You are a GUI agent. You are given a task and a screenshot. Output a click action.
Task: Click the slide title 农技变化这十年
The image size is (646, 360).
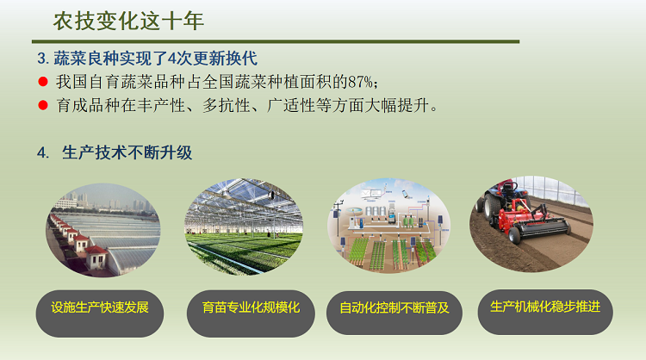(x=128, y=20)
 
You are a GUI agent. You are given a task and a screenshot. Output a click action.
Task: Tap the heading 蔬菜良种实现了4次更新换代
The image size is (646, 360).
(x=155, y=59)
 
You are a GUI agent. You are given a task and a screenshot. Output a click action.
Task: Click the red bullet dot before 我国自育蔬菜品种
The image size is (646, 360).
(x=42, y=83)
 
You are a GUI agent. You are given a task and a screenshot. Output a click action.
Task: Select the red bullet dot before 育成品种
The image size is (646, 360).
(x=42, y=106)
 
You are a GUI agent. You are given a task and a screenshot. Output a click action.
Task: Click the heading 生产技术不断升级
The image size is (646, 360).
(x=127, y=152)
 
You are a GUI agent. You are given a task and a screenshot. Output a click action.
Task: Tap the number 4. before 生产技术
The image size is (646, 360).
(x=42, y=152)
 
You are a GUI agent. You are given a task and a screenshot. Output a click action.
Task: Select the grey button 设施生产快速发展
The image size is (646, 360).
(x=100, y=307)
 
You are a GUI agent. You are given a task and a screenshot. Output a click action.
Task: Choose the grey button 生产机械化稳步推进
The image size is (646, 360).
(x=544, y=307)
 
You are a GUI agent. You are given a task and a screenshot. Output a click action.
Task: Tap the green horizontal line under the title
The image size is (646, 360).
(x=276, y=40)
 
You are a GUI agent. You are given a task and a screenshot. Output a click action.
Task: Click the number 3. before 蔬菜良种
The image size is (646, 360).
(x=42, y=59)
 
